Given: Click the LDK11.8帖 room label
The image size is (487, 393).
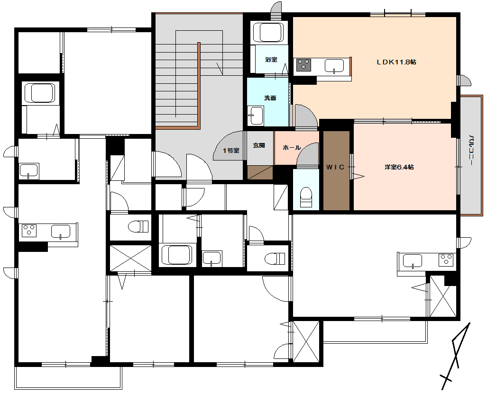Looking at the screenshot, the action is click(x=396, y=62).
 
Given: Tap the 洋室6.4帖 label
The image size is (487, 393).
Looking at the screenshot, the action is click(x=399, y=167).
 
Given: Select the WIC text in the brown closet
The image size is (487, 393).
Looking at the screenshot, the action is click(x=335, y=167).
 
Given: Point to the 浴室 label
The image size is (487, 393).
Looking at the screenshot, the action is click(x=271, y=60).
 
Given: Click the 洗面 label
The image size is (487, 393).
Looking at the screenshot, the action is click(x=270, y=98).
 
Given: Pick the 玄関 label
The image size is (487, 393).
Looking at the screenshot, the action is click(x=259, y=145).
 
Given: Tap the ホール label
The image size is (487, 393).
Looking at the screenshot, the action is click(x=291, y=148).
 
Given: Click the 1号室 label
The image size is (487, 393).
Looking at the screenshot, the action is click(x=231, y=151).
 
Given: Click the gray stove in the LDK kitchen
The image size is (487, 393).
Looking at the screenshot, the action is click(x=303, y=65).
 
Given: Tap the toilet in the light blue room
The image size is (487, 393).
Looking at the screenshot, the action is click(x=306, y=197).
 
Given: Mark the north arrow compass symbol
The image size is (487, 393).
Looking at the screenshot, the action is click(x=455, y=356).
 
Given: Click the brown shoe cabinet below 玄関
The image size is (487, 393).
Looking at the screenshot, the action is click(x=260, y=172).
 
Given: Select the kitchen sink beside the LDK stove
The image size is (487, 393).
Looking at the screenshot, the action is click(x=334, y=66).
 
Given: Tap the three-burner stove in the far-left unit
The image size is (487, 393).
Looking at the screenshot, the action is click(x=29, y=231).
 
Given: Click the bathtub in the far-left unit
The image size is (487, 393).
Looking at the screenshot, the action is click(x=39, y=93).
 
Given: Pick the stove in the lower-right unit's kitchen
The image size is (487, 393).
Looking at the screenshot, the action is click(x=446, y=260).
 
